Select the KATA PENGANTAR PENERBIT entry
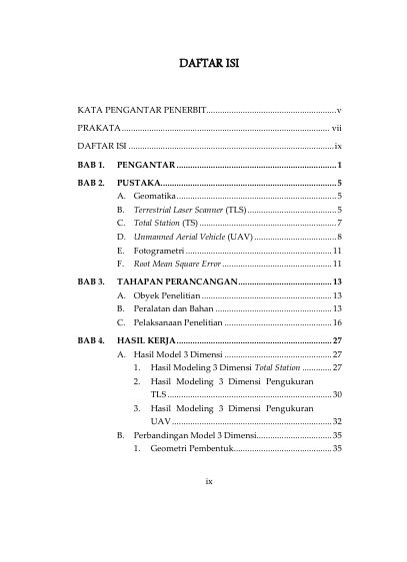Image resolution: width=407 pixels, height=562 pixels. point(140,108)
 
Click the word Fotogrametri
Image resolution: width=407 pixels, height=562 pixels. point(159,252)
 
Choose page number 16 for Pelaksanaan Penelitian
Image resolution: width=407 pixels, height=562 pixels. point(338,323)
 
